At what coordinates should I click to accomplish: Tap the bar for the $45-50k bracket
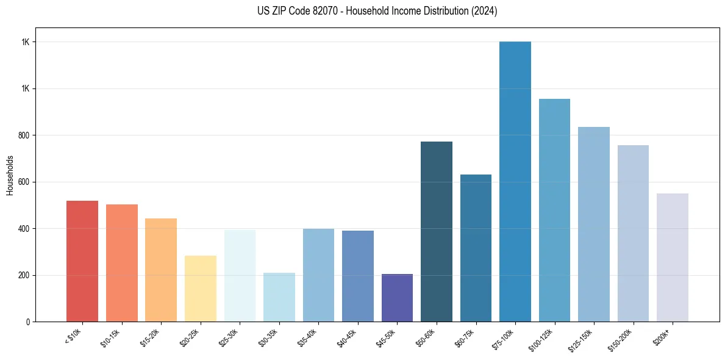coord(397,298)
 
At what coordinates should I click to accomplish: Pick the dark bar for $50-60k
coord(437,231)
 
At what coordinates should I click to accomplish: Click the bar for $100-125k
coord(554,210)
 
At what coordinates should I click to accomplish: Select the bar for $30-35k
coord(279,297)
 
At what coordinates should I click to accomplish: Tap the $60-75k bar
coord(476,248)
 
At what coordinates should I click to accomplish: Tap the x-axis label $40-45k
coord(347,337)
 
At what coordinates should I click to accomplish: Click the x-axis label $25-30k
coord(229,337)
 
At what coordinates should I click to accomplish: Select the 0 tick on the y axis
coord(30,322)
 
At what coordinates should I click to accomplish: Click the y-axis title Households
coord(10,175)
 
